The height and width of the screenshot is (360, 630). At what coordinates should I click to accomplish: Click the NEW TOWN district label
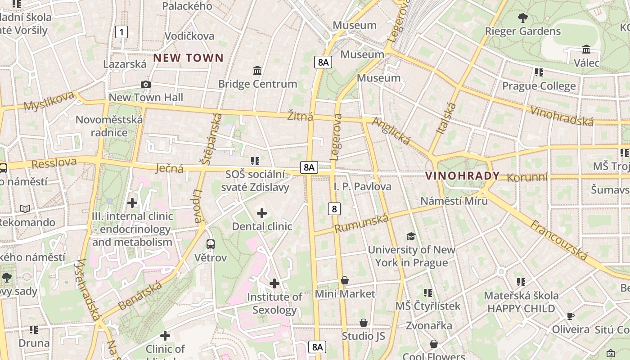[189, 58]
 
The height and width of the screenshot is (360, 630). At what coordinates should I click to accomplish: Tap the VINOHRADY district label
[463, 176]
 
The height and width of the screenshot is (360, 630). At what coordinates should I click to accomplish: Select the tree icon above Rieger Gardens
[522, 18]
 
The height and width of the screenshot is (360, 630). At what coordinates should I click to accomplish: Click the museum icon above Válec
[586, 49]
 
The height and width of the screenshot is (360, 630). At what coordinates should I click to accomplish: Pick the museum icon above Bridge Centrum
[257, 71]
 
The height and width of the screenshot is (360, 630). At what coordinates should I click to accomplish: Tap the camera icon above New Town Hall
[145, 85]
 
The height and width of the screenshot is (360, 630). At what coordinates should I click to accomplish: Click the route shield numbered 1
[121, 32]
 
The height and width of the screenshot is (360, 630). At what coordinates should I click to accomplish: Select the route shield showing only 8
[334, 209]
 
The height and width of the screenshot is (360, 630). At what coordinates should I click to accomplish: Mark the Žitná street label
[300, 117]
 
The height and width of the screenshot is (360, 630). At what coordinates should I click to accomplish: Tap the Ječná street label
[169, 168]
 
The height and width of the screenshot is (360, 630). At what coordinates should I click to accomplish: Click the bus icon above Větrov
[210, 244]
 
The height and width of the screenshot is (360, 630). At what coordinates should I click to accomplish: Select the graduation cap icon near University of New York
[410, 236]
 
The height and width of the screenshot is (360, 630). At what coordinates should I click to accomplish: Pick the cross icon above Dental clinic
[261, 213]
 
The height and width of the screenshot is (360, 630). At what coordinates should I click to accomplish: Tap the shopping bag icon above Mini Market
[345, 281]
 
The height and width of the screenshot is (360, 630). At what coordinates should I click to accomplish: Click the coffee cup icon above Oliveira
[570, 316]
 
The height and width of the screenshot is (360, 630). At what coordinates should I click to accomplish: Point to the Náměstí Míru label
[454, 201]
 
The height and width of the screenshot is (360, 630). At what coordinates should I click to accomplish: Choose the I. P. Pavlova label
[362, 186]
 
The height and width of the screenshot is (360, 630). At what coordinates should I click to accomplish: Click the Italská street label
[446, 118]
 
